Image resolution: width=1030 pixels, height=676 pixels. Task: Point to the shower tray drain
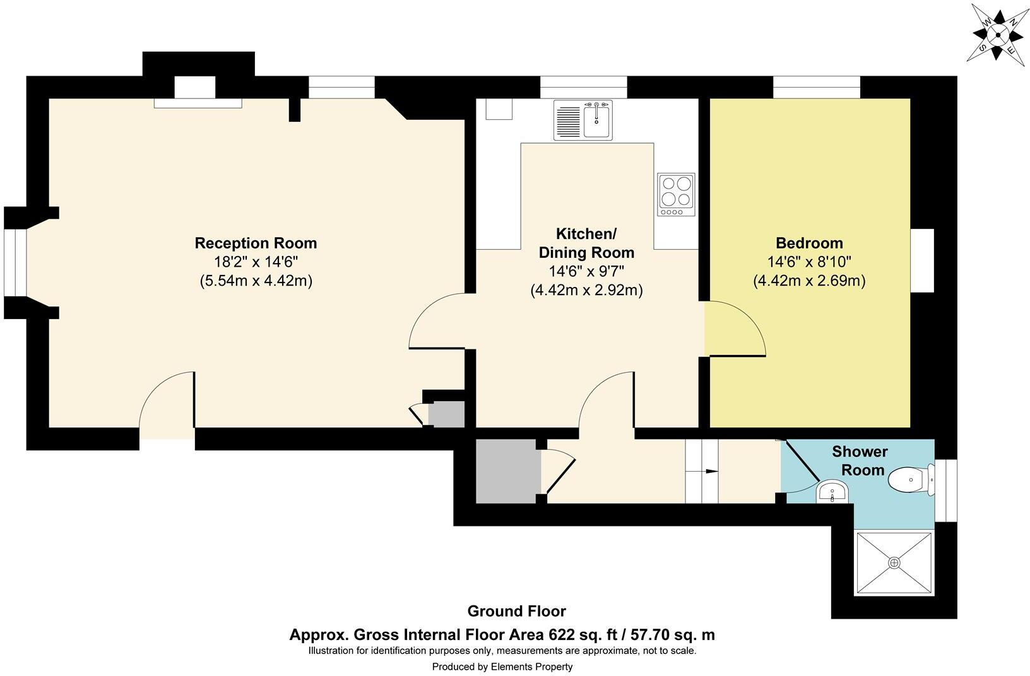coord(894,562)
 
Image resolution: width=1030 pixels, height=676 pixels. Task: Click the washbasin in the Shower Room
coord(834,491)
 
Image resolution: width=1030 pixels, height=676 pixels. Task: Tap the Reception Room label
coord(256,243)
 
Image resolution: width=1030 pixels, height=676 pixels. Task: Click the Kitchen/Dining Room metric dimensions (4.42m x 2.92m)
coord(586,291)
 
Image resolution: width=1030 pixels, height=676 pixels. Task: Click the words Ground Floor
coord(516,611)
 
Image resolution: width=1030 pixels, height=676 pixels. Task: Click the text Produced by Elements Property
coord(502,667)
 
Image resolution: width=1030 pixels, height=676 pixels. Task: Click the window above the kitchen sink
coord(583,87)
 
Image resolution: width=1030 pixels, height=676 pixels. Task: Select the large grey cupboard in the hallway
coord(507,471)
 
